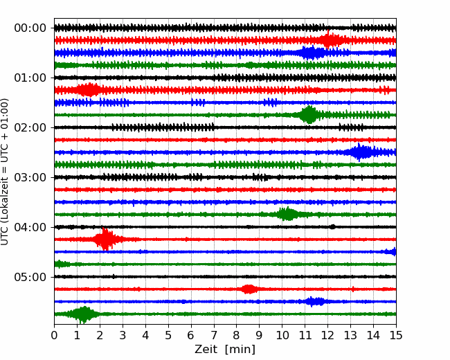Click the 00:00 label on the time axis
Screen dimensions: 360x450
[30, 28]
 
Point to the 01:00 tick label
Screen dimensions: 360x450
[30, 78]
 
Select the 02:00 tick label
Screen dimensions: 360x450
[30, 127]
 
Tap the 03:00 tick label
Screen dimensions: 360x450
[30, 177]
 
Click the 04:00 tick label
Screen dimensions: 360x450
[30, 227]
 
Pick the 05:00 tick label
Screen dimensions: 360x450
[30, 277]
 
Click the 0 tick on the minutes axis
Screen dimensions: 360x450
[55, 336]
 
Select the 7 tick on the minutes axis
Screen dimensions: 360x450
[214, 336]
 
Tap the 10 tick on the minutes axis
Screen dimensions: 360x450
[282, 336]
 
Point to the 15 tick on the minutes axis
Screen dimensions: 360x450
[395, 336]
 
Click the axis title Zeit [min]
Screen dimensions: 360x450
[224, 350]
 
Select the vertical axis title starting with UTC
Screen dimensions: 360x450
[6, 172]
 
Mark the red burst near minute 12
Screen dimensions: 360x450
[332, 40]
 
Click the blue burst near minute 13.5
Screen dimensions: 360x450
[361, 152]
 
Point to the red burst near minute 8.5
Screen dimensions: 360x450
[249, 289]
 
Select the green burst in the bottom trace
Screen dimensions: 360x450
[84, 314]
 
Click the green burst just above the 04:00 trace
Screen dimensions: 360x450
[287, 214]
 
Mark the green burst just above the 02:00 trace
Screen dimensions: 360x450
[309, 115]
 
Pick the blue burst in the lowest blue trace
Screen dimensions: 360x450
[315, 302]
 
